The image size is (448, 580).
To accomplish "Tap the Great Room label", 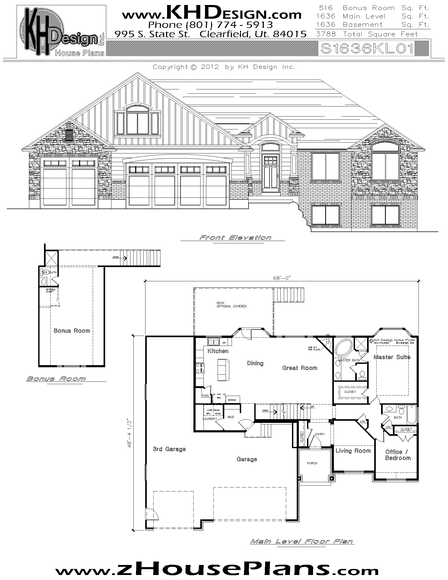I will pyautogui.click(x=300, y=368).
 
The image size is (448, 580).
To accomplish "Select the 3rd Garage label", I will pyautogui.click(x=169, y=449).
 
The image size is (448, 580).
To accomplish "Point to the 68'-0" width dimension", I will pyautogui.click(x=282, y=278).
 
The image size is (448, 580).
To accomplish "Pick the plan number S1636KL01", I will pyautogui.click(x=367, y=49).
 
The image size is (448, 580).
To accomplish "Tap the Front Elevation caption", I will pyautogui.click(x=235, y=238).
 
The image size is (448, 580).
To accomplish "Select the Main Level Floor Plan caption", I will pyautogui.click(x=301, y=542).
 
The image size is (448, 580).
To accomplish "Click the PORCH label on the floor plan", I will pyautogui.click(x=312, y=463).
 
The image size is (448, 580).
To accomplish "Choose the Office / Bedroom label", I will pyautogui.click(x=398, y=455).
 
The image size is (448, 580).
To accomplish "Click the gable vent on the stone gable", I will pyautogui.click(x=69, y=135).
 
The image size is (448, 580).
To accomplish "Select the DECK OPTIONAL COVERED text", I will pyautogui.click(x=231, y=304).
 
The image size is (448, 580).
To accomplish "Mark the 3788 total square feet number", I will pyautogui.click(x=326, y=34).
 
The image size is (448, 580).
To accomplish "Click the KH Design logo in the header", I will pyautogui.click(x=61, y=32).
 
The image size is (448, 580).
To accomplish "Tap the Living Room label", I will pyautogui.click(x=353, y=451).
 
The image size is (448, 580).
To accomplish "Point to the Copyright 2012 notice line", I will pyautogui.click(x=224, y=67).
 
